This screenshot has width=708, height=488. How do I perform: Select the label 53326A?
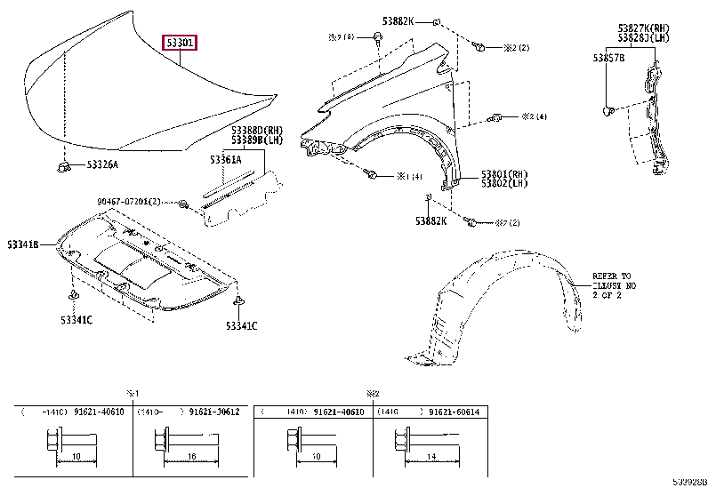(x=102, y=164)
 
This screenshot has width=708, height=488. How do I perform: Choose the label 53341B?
(x=24, y=244)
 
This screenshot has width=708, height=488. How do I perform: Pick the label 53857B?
(x=609, y=58)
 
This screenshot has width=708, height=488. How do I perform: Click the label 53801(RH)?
(x=504, y=174)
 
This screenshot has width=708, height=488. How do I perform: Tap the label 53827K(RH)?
(x=644, y=28)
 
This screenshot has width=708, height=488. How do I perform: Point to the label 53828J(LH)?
(x=644, y=38)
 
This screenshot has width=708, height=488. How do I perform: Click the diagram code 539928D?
(x=689, y=481)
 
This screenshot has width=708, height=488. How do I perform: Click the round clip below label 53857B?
(x=609, y=110)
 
